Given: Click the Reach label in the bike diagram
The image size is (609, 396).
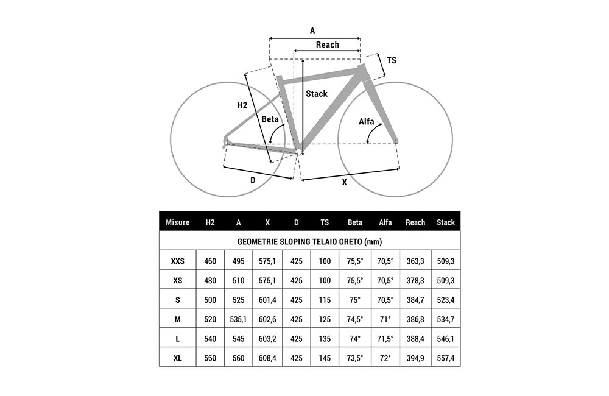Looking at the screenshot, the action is (x=328, y=44).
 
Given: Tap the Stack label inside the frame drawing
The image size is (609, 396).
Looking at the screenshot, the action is (x=317, y=94).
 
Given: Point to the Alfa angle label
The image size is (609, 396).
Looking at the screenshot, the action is (x=366, y=122).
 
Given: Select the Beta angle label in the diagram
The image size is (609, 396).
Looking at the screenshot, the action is (x=270, y=119).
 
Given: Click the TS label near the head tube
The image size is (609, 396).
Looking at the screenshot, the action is (x=392, y=60).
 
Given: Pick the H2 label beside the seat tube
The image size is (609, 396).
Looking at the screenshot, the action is (x=242, y=105).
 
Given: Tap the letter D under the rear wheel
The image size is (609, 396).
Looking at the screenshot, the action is (x=253, y=180).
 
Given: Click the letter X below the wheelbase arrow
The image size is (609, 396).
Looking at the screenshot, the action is (x=345, y=182).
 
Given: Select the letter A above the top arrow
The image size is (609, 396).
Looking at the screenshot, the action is (x=312, y=30).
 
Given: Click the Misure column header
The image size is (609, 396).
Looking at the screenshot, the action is (x=177, y=222).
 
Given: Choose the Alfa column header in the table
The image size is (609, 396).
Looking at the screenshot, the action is (x=385, y=222).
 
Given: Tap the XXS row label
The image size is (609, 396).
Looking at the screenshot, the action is (x=177, y=261).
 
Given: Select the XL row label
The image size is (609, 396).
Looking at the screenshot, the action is (x=177, y=358).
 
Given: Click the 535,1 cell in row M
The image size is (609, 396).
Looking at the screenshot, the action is (x=239, y=319).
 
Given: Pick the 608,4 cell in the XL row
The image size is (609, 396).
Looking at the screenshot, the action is (x=267, y=358).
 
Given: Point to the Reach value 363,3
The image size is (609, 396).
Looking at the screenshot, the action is (x=415, y=261).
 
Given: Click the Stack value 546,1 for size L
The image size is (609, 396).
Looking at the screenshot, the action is (x=446, y=339).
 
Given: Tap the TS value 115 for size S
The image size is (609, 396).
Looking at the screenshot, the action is (x=325, y=300).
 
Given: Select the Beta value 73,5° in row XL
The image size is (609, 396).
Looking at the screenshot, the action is (x=355, y=358).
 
